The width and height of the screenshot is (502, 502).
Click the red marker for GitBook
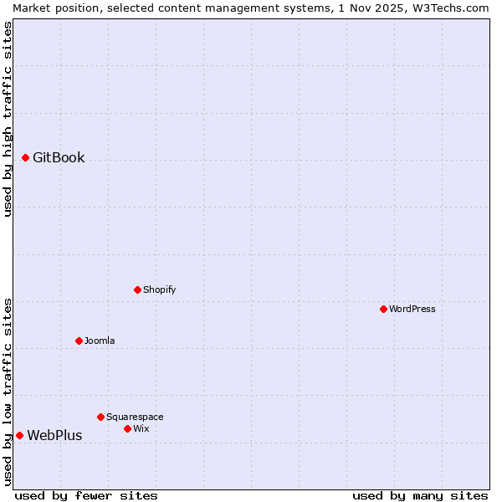point(25,157)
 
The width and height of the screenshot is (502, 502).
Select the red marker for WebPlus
point(19,435)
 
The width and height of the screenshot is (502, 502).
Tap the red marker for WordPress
point(383,309)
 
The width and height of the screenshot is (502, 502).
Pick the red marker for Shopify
point(137,289)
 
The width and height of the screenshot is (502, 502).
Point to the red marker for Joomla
point(79,341)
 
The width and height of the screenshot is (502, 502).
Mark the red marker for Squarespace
point(100,417)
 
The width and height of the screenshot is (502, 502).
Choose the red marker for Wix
point(127,428)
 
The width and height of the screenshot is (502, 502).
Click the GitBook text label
point(59,157)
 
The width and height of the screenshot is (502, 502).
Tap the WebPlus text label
point(54,435)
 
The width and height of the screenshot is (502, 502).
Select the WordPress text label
point(412,309)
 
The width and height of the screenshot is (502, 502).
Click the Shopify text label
point(159,289)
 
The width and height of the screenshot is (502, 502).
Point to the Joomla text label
point(100,341)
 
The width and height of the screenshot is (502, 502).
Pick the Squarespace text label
point(135,417)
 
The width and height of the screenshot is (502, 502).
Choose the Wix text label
point(141,428)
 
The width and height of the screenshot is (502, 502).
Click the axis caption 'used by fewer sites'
point(86,495)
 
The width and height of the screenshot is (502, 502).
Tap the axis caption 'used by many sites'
point(420,495)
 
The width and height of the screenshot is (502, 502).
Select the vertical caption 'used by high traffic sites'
point(8,119)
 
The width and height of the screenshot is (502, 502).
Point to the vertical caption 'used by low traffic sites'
point(8,392)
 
